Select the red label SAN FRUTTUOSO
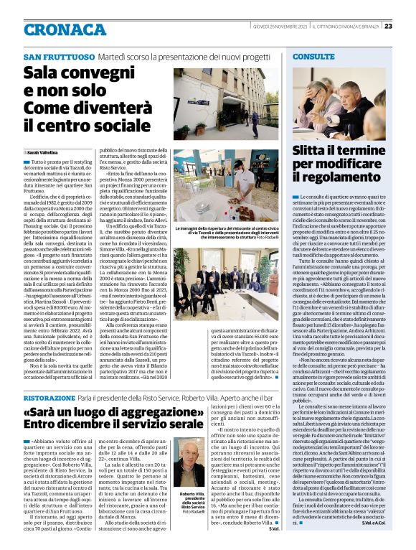[54, 57]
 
